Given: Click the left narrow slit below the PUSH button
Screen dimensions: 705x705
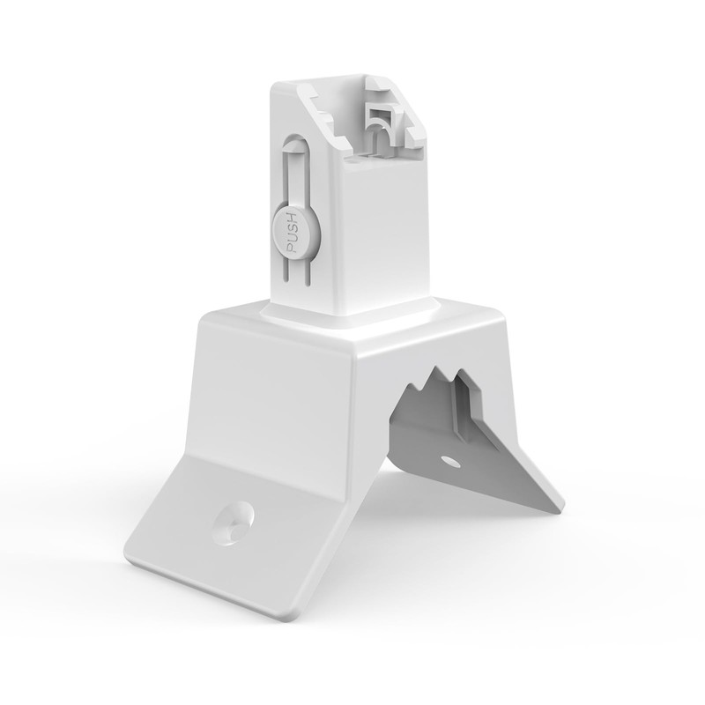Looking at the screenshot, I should pos(286,273).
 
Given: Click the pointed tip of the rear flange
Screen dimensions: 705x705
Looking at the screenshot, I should pos(559,508).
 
